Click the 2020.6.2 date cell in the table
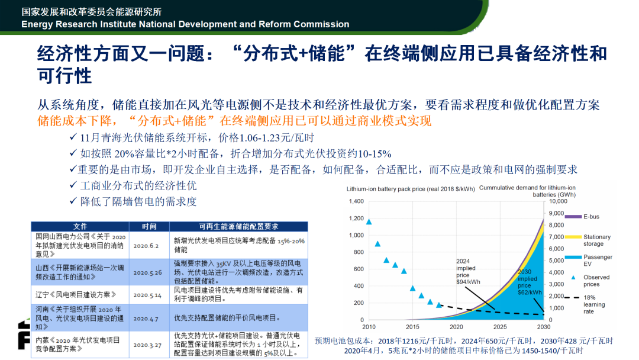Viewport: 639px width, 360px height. (x=146, y=246)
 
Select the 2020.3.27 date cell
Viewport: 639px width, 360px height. (x=147, y=345)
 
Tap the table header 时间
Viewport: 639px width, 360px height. (x=149, y=227)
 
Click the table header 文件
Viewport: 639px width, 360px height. (x=80, y=227)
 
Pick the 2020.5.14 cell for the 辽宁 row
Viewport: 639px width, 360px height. (x=147, y=295)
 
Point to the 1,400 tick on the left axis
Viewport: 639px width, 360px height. (x=356, y=201)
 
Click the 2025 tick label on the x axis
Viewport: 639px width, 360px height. (x=500, y=327)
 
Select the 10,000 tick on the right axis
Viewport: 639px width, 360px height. (x=558, y=201)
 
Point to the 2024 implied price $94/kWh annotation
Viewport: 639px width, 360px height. (x=468, y=272)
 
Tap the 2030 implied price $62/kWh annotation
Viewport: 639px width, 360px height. (x=530, y=282)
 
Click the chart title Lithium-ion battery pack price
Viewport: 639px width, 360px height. (x=411, y=189)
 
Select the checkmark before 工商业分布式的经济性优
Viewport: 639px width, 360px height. (x=73, y=185)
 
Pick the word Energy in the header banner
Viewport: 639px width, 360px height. (x=37, y=24)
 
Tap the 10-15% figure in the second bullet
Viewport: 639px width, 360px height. (x=374, y=154)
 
